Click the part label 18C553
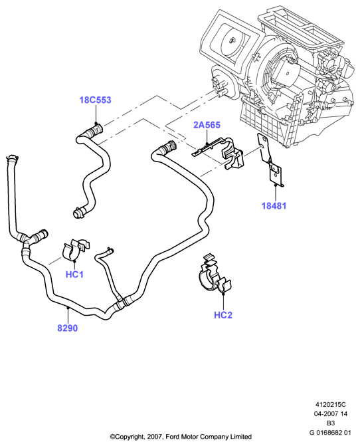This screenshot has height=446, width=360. click(x=95, y=100)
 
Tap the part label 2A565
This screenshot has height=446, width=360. click(x=207, y=125)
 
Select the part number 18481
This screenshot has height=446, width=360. click(x=274, y=205)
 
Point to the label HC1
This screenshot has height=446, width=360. click(x=74, y=275)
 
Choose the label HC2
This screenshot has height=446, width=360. click(x=223, y=315)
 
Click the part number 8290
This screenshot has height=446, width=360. click(x=67, y=328)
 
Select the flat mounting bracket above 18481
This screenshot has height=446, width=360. click(x=270, y=160)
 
